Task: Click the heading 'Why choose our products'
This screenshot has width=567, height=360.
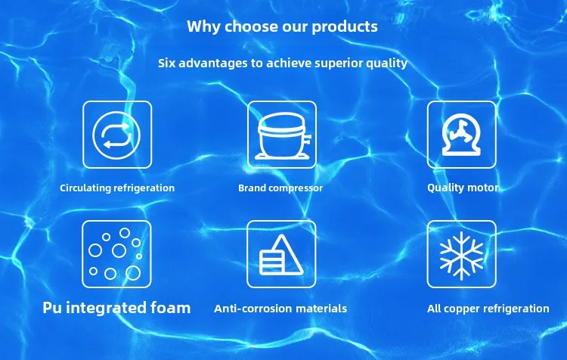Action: coord(283,26)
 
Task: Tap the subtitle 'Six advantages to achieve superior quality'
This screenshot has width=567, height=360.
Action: coord(283,64)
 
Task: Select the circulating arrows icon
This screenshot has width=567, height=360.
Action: coord(116,135)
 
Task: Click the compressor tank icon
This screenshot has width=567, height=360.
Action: coord(282,135)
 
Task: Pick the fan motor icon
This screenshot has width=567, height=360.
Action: coord(461,135)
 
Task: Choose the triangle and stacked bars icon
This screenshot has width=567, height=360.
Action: coord(281,254)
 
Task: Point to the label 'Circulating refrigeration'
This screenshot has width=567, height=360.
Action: coord(117,188)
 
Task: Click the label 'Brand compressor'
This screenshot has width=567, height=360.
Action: coord(280,188)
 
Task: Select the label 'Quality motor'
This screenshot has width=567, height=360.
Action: coord(463,188)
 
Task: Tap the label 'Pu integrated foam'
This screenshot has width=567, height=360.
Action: coord(116,308)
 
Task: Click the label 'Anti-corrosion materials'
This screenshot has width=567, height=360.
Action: coord(280,309)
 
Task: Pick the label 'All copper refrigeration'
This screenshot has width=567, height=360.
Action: coord(488,309)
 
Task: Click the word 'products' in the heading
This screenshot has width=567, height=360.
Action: coord(345,27)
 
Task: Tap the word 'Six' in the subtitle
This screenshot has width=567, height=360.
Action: coord(166,63)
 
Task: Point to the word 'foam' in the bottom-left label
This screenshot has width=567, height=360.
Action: coord(170,307)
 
